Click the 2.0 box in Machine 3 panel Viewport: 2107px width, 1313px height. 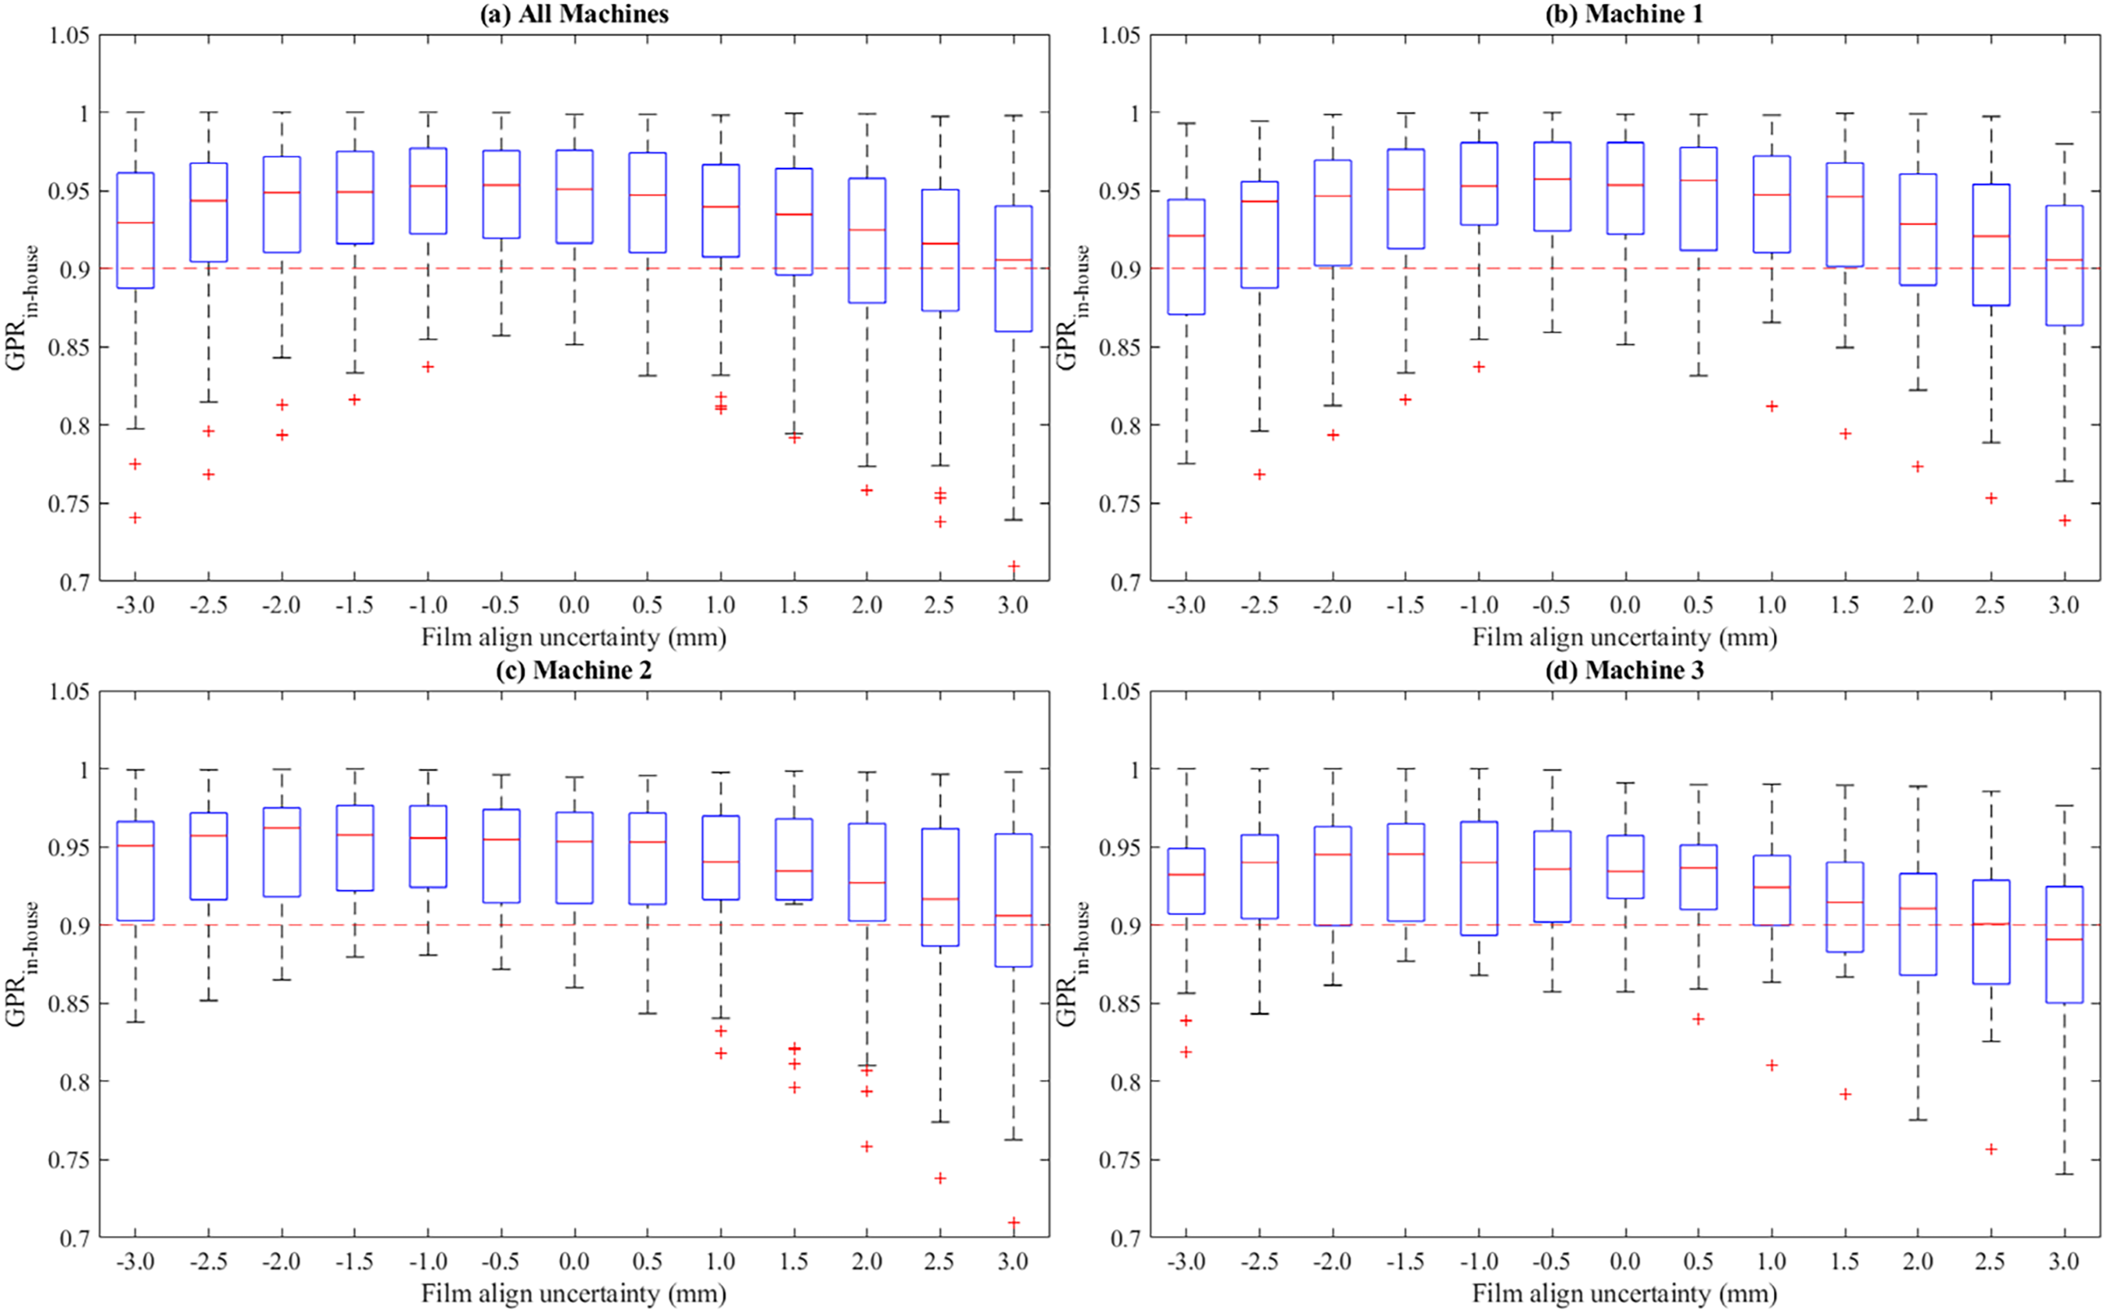pyautogui.click(x=1918, y=924)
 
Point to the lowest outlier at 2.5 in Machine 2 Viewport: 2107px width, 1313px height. pyautogui.click(x=940, y=1178)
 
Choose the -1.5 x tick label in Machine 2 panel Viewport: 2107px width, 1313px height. pyautogui.click(x=354, y=1262)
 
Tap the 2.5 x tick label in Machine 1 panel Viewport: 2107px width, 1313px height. pyautogui.click(x=1991, y=605)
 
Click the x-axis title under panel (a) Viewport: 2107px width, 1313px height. pyautogui.click(x=574, y=638)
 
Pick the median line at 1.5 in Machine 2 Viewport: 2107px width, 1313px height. pyautogui.click(x=794, y=871)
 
